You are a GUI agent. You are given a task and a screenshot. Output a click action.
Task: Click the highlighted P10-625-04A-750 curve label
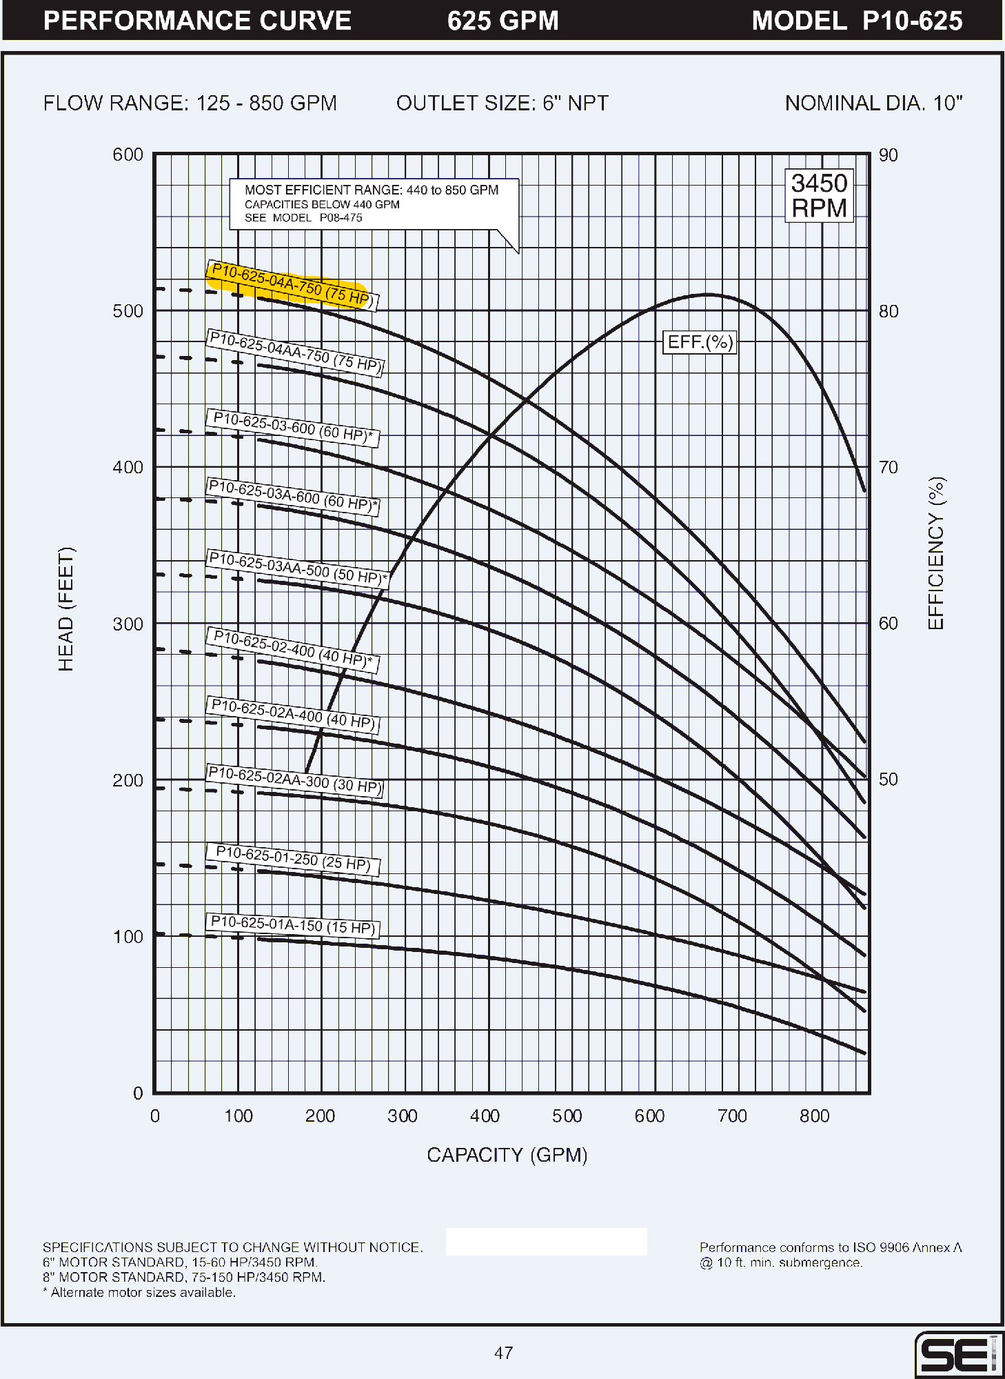pyautogui.click(x=291, y=285)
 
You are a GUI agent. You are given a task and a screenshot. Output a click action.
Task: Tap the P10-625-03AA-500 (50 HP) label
pyautogui.click(x=297, y=568)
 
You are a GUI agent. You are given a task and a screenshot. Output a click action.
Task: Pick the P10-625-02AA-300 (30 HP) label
pyautogui.click(x=294, y=781)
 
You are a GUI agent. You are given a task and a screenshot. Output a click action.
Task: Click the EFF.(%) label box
pyautogui.click(x=700, y=342)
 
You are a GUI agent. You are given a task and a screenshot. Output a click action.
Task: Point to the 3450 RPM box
pyautogui.click(x=819, y=196)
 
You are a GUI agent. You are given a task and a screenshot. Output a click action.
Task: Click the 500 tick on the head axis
pyautogui.click(x=128, y=311)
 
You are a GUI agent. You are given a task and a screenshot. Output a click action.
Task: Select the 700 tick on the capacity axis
pyautogui.click(x=732, y=1115)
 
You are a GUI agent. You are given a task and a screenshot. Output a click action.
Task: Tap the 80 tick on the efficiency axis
pyautogui.click(x=889, y=311)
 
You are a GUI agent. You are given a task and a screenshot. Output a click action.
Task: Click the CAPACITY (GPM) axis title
pyautogui.click(x=507, y=1155)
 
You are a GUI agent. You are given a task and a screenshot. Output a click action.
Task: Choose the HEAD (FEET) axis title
pyautogui.click(x=65, y=608)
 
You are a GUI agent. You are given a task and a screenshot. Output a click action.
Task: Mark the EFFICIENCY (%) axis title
pyautogui.click(x=936, y=553)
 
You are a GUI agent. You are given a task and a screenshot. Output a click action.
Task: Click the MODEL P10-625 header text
pyautogui.click(x=857, y=21)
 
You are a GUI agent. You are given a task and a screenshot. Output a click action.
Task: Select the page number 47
pyautogui.click(x=503, y=1353)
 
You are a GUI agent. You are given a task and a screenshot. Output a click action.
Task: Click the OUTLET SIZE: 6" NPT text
pyautogui.click(x=502, y=103)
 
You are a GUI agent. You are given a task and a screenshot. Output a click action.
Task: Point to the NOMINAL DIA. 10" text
pyautogui.click(x=873, y=103)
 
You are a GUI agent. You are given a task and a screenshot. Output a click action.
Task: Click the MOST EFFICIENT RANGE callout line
pyautogui.click(x=372, y=190)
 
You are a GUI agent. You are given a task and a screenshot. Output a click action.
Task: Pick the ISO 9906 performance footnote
pyautogui.click(x=831, y=1255)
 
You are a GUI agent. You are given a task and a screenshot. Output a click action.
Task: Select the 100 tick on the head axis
pyautogui.click(x=128, y=937)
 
